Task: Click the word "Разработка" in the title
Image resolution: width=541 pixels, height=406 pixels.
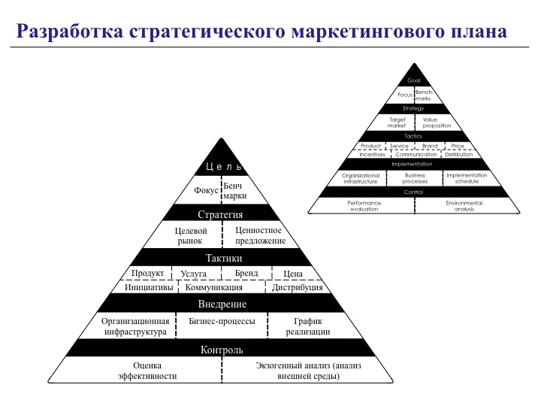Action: pos(69,32)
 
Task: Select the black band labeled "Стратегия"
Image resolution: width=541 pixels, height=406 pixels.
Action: pos(221,214)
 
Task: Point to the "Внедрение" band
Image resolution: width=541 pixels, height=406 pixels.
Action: pos(222,304)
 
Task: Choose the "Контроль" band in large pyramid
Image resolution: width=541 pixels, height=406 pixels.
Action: pos(222,350)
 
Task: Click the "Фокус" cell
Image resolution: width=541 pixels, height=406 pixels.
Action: pos(206,190)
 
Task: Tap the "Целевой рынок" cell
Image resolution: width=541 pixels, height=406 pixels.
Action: pos(189,235)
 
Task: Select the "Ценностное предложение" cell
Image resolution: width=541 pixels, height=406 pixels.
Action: pos(260,235)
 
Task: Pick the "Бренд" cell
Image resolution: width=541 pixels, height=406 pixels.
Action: pos(246,273)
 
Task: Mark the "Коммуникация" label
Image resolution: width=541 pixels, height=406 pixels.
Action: pos(214,287)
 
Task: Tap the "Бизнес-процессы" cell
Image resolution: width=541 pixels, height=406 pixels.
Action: pos(222,321)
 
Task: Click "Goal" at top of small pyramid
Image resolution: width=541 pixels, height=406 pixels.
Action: pos(414,80)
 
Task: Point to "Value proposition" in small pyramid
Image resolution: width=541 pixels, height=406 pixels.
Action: pos(437,123)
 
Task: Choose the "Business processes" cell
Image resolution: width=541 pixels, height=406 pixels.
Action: pos(415,178)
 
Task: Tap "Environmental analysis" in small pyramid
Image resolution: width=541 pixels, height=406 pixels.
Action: pos(464,205)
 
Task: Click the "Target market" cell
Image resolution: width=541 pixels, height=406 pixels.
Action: pos(397,123)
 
